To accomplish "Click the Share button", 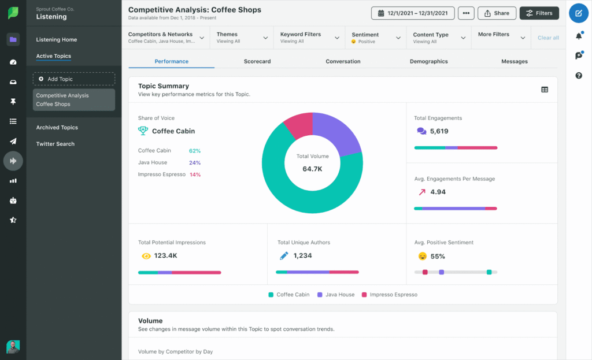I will click(497, 13).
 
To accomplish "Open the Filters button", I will click(539, 13).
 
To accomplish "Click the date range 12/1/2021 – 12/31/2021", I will click(412, 13).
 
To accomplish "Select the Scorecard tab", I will click(257, 61).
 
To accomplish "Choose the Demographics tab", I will click(428, 61).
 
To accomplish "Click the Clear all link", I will click(548, 38).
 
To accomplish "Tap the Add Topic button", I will click(73, 79).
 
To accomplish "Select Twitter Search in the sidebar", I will click(55, 144).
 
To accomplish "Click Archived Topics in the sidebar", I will click(57, 127).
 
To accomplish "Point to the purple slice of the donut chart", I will click(338, 133).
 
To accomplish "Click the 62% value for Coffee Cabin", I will click(195, 151).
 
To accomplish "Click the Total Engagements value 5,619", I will click(439, 131).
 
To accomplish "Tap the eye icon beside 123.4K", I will click(146, 255).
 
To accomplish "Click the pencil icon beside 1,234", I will click(283, 255).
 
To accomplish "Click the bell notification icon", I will click(579, 36).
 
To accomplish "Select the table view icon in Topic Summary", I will click(544, 90).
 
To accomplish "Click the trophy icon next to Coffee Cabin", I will click(143, 131).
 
